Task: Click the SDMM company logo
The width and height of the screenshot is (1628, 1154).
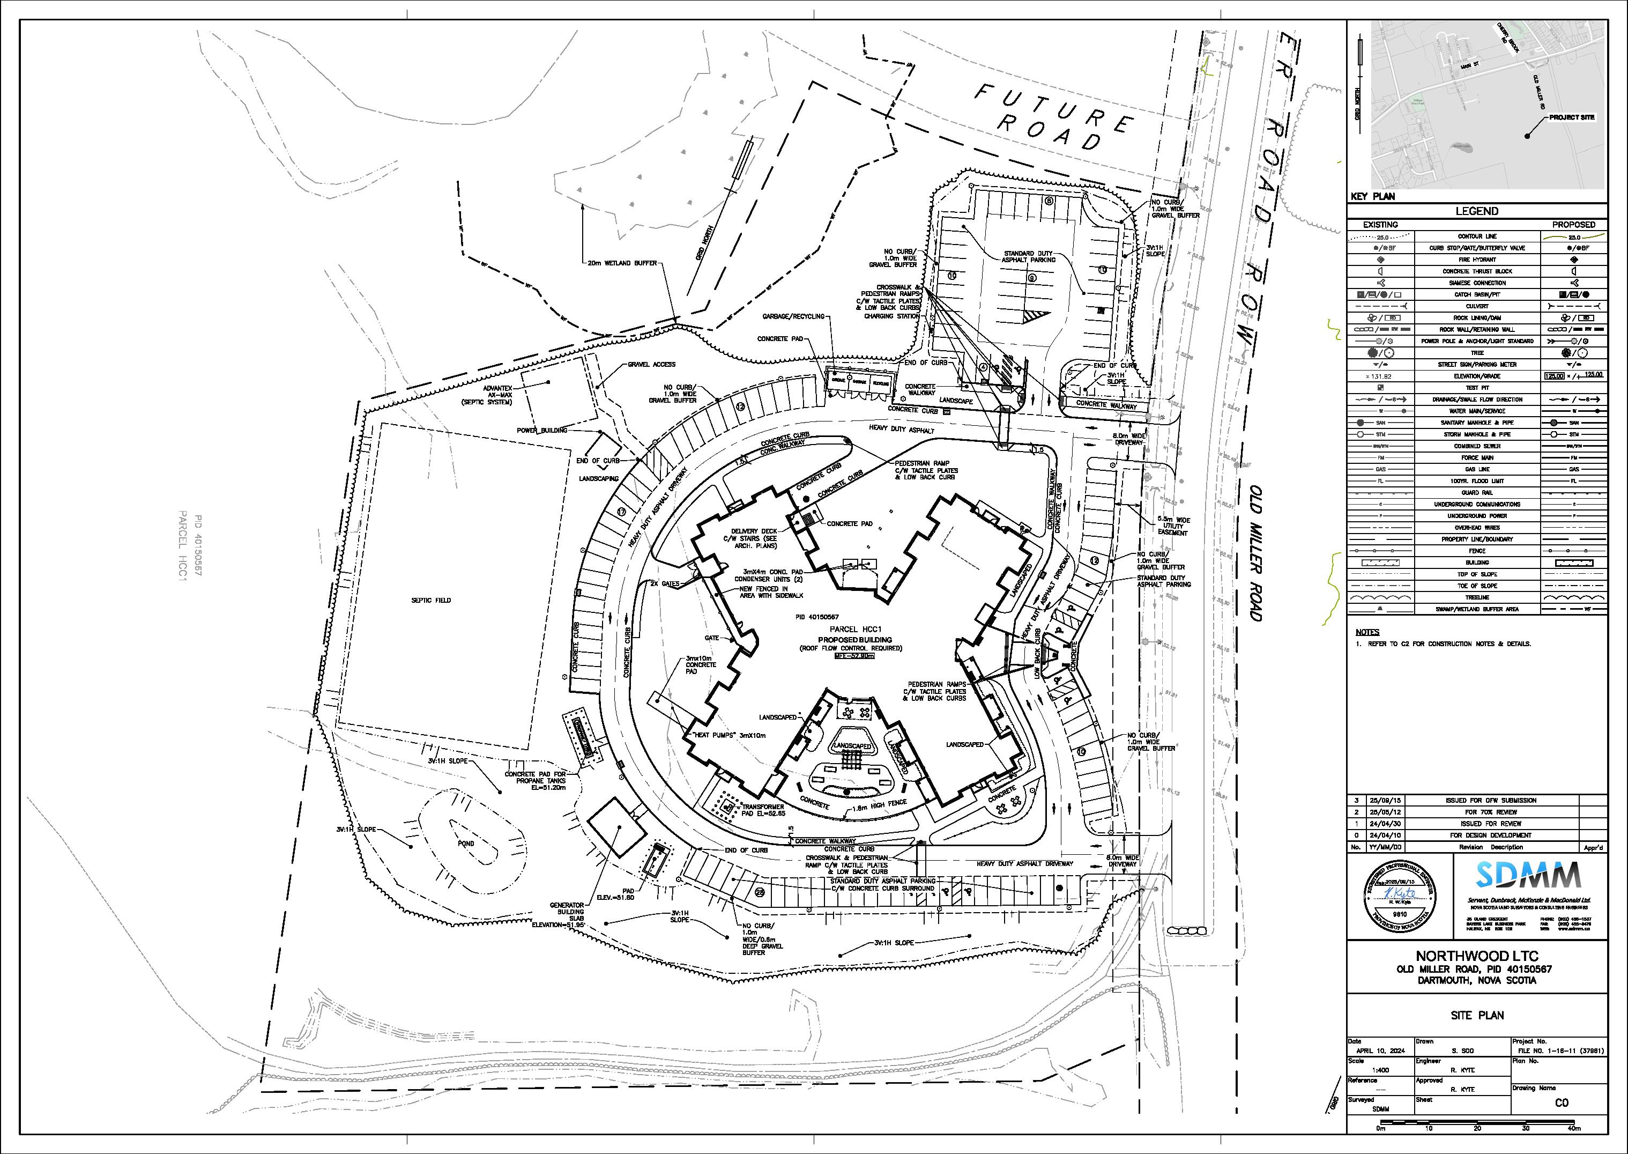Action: tap(1528, 876)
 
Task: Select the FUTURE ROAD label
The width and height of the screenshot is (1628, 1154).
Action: tap(1052, 118)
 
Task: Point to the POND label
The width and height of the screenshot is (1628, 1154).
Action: tap(466, 844)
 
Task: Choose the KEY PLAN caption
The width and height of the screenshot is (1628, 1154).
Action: tap(1372, 197)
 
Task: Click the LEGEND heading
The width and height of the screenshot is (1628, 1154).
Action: tap(1477, 211)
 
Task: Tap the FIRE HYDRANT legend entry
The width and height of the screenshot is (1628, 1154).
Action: tap(1477, 260)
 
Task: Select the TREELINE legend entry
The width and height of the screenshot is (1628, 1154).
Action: tap(1477, 597)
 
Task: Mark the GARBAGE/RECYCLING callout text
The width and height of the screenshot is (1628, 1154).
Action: tap(793, 316)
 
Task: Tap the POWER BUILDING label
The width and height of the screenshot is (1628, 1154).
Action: tap(542, 430)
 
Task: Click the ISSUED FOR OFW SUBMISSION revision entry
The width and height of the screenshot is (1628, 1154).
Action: tap(1490, 800)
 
